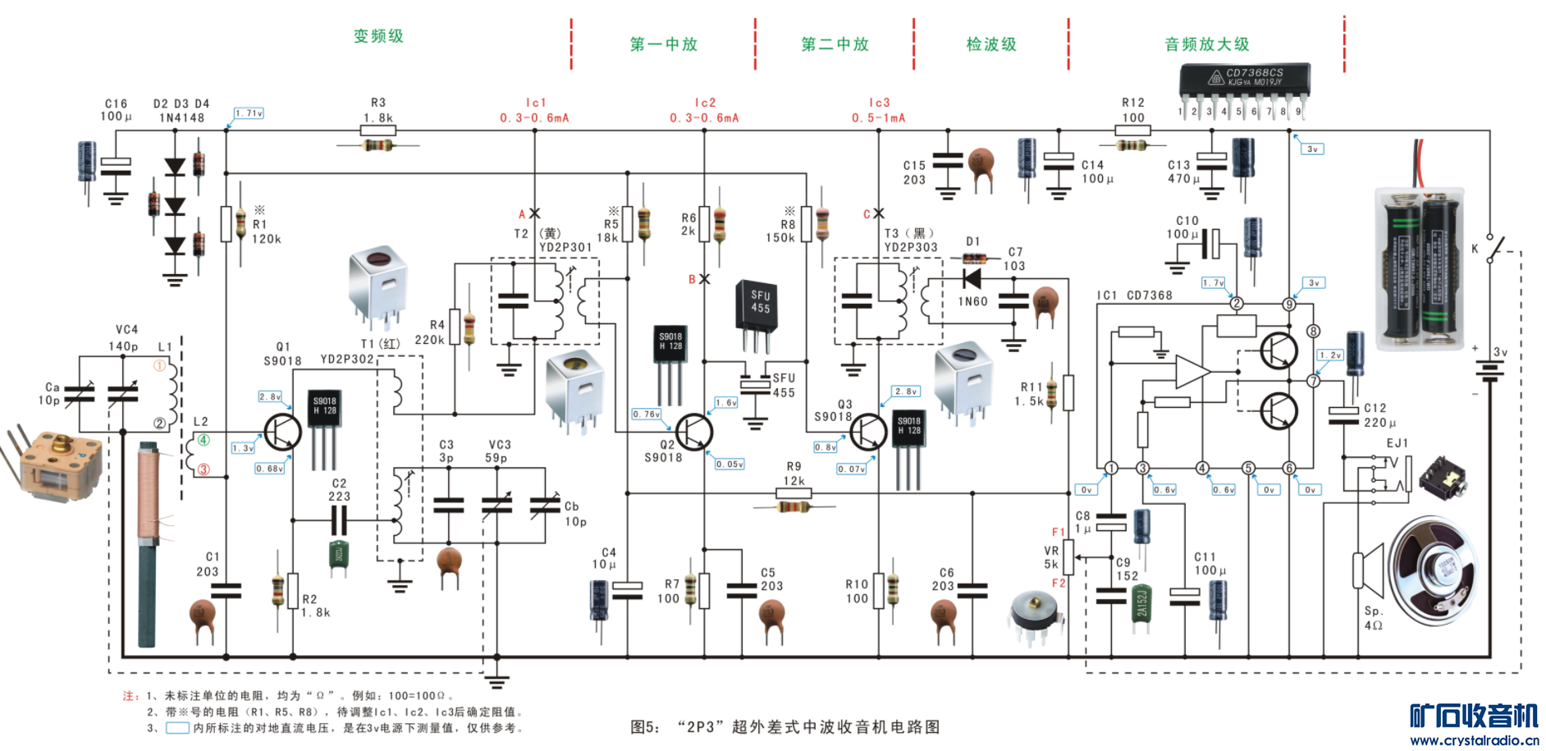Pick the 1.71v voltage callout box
(249, 113)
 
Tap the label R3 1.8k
(377, 110)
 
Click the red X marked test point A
(534, 213)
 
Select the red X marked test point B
(704, 279)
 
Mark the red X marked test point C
(878, 213)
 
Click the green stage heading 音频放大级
(1206, 44)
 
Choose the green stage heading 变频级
(378, 36)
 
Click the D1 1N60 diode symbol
(973, 279)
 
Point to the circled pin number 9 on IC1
(1289, 305)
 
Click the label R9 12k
(794, 474)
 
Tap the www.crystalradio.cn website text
(1474, 740)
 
